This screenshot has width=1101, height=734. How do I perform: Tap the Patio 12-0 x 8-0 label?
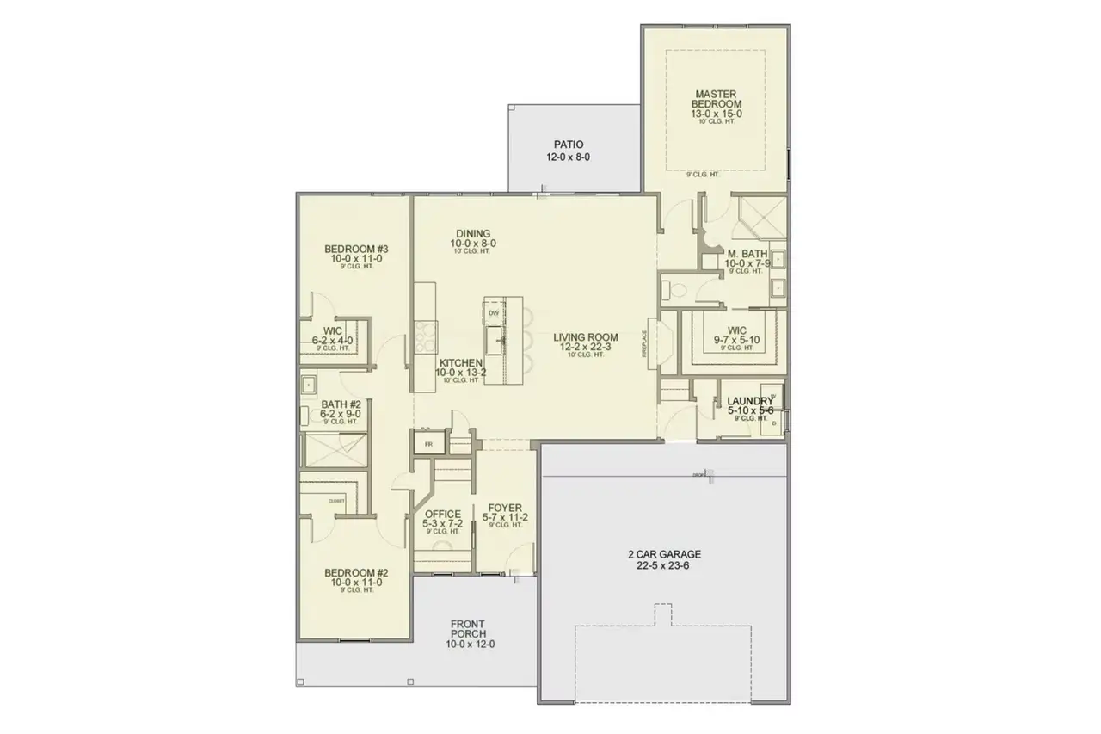[569, 151]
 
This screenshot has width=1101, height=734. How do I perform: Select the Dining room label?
[473, 238]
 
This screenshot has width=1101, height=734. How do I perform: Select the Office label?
[441, 519]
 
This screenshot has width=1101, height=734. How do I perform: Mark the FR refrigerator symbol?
[428, 445]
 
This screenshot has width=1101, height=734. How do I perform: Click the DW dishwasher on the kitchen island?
[494, 313]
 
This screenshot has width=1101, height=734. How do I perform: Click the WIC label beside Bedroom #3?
[333, 335]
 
